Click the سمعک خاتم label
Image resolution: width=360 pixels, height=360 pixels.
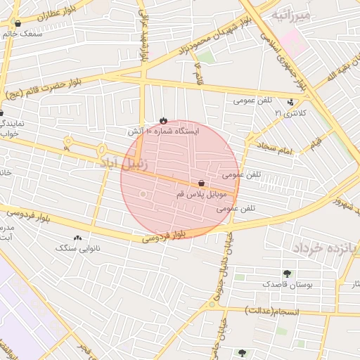[x=22, y=33]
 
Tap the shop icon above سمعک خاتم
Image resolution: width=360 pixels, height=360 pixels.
[x=18, y=23]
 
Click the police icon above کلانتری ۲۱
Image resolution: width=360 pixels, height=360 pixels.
[x=291, y=102]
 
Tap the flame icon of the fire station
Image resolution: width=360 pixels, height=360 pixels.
[x=164, y=120]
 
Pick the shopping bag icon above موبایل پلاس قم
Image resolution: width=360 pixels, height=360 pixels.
[x=202, y=182]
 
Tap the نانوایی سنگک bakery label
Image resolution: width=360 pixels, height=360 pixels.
[x=77, y=248]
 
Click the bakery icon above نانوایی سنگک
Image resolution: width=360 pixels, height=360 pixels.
[x=77, y=238]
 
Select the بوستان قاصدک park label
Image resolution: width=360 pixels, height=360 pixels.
[x=285, y=284]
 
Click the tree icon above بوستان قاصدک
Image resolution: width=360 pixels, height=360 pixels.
[x=286, y=274]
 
